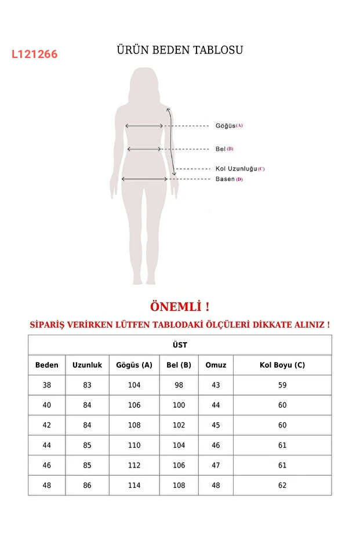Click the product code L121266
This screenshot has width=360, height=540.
point(35,55)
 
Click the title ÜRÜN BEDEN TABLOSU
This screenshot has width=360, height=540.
point(180,50)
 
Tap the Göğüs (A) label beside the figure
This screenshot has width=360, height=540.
point(229,125)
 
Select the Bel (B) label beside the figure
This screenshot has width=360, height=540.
point(224,149)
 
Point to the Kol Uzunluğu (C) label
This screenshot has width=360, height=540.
point(239,169)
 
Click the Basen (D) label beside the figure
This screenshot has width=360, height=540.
point(229,179)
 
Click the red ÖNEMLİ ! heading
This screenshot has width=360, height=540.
point(180,306)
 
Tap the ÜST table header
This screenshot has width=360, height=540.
point(180,345)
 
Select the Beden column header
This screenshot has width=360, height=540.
point(47,365)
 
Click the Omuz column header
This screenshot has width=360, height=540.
point(216,365)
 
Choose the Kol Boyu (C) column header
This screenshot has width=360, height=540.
point(282,365)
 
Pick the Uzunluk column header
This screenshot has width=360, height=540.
point(87,365)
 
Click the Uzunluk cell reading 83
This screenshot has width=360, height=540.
point(87,385)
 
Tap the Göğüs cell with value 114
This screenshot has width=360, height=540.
point(134,485)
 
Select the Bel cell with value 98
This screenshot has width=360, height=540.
point(179,385)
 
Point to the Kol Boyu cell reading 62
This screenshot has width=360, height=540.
point(282,485)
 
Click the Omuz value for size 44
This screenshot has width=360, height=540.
point(216,445)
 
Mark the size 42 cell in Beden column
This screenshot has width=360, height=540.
point(47,425)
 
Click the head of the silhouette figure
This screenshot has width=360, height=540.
point(144,84)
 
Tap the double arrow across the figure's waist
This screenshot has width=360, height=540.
point(144,149)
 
